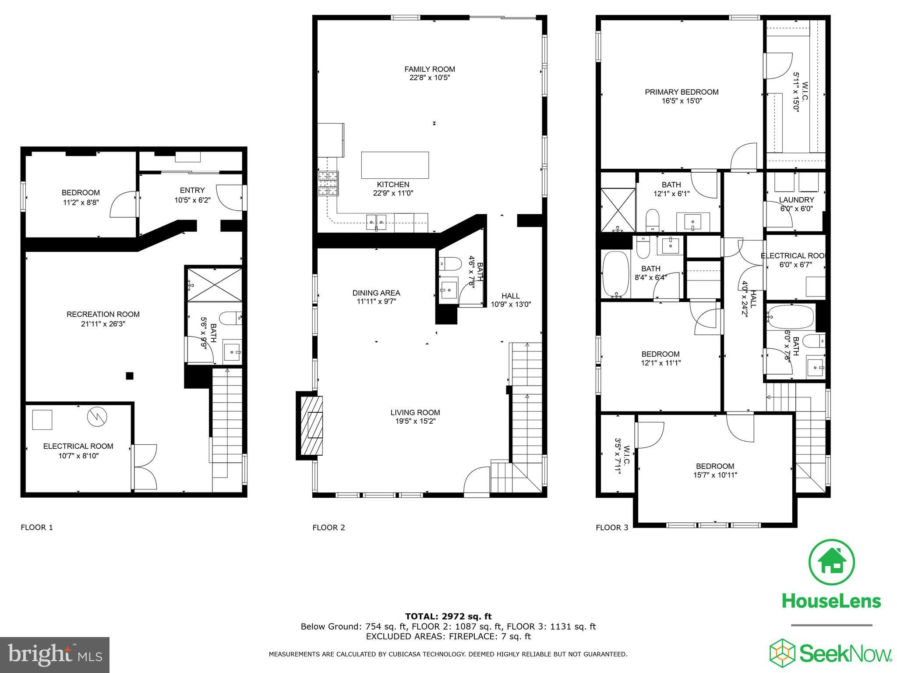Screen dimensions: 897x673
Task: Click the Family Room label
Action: coord(429,69)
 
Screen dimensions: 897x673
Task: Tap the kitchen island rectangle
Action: coord(395,165)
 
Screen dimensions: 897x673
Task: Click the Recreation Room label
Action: coord(103,314)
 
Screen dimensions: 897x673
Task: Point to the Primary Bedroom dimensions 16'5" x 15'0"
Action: coord(682,101)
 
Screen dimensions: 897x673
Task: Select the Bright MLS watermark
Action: coord(55,655)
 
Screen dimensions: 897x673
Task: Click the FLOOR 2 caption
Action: coord(328,528)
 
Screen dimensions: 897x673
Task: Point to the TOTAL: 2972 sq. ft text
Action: coord(448,616)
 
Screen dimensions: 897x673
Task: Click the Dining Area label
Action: coord(376,293)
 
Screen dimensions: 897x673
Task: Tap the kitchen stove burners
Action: coord(328,183)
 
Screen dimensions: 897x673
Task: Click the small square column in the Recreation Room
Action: coord(130,375)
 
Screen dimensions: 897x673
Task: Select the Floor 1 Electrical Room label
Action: coord(78,446)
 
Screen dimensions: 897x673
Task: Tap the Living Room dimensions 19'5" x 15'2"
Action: coord(415,421)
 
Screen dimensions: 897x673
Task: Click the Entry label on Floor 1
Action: coord(192,190)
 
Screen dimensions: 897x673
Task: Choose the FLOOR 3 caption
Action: coord(612,528)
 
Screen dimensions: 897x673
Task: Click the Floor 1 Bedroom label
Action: coord(81,192)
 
